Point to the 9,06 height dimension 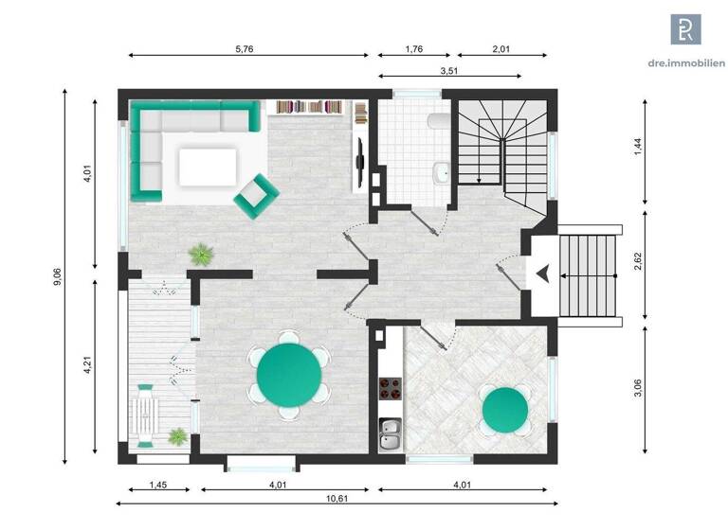tap(58, 275)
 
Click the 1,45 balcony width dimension tap(158, 486)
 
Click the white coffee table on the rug tap(207, 168)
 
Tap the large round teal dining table tap(287, 375)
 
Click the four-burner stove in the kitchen tap(391, 389)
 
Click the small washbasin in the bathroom tap(441, 172)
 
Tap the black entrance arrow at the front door tap(542, 274)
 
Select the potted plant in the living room tap(201, 254)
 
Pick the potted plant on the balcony tap(177, 435)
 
